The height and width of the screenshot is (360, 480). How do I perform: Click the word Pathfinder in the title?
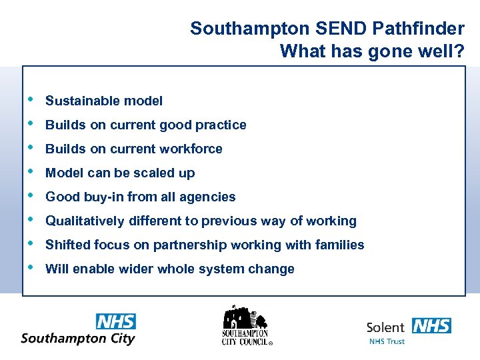pyautogui.click(x=423, y=29)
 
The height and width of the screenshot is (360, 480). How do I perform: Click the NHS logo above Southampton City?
pyautogui.click(x=116, y=321)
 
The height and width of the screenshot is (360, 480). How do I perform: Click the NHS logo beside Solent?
pyautogui.click(x=431, y=326)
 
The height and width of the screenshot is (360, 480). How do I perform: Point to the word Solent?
pyautogui.click(x=386, y=327)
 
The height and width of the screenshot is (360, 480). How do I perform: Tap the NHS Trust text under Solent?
pyautogui.click(x=387, y=341)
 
